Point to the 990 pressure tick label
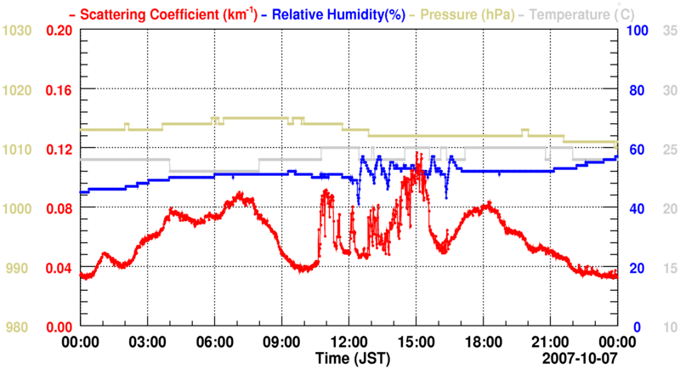tap(17, 268)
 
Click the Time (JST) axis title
tap(348, 357)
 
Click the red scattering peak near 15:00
tap(417, 156)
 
